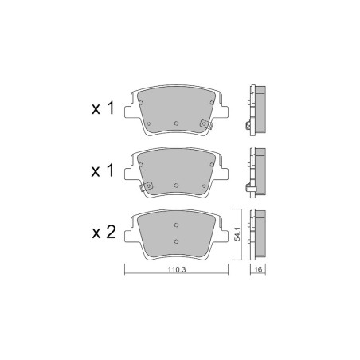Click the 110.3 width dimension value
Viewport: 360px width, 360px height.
(x=177, y=269)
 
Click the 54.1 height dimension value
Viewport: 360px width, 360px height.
(x=237, y=234)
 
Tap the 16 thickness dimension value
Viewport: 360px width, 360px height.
(x=258, y=269)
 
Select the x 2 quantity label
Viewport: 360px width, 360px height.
(x=104, y=232)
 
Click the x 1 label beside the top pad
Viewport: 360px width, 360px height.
(x=103, y=108)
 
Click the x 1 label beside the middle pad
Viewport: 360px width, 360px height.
(x=103, y=170)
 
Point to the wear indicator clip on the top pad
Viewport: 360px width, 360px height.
(x=206, y=124)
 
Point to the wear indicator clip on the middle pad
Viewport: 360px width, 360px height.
(x=147, y=186)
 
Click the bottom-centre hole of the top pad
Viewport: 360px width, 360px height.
(x=176, y=123)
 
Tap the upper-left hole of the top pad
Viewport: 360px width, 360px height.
(x=141, y=103)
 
